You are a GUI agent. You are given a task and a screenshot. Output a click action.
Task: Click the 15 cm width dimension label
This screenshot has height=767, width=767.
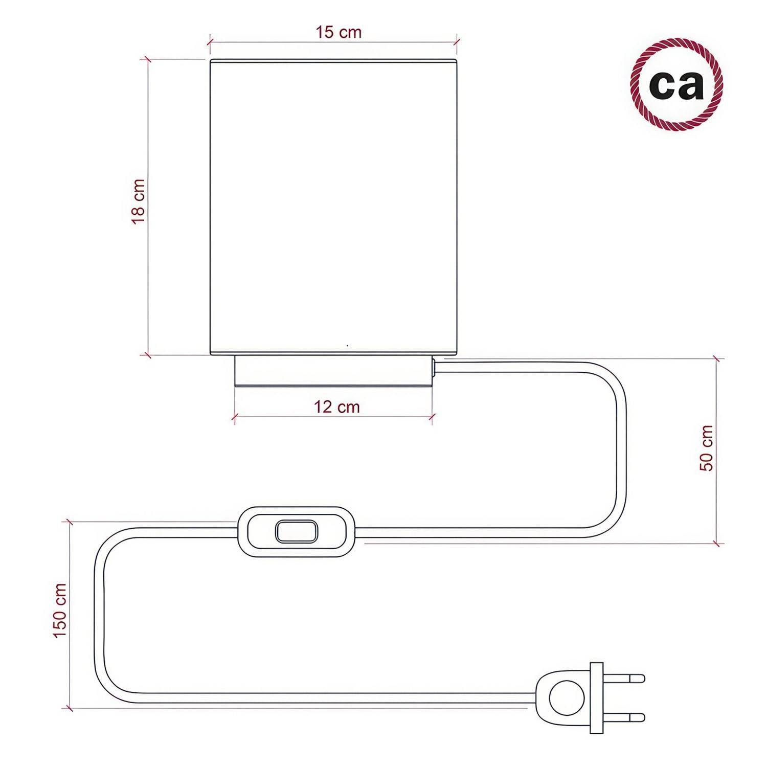(x=339, y=32)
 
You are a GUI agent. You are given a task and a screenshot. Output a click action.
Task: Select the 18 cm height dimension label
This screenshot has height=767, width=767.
(x=139, y=201)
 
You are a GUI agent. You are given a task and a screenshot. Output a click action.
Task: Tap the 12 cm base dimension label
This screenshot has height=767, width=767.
(x=337, y=407)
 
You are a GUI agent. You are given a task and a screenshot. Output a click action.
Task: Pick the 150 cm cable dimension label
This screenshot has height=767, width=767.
(x=60, y=611)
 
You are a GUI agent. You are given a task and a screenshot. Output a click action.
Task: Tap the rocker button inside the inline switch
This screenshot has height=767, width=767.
(x=295, y=531)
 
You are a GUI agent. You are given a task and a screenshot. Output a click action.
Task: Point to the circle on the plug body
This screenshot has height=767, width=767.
(x=564, y=697)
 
